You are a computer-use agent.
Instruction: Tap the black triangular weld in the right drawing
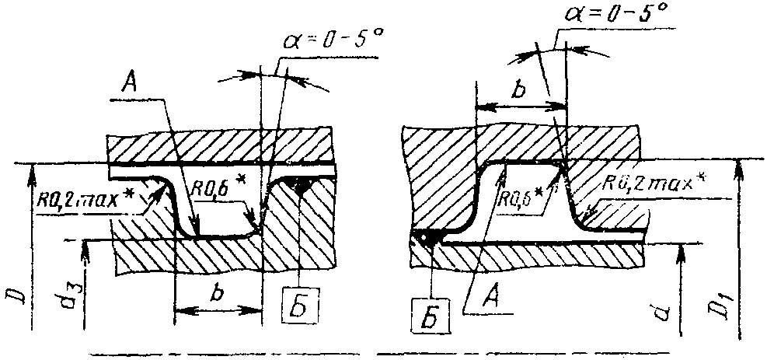tap(427, 239)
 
